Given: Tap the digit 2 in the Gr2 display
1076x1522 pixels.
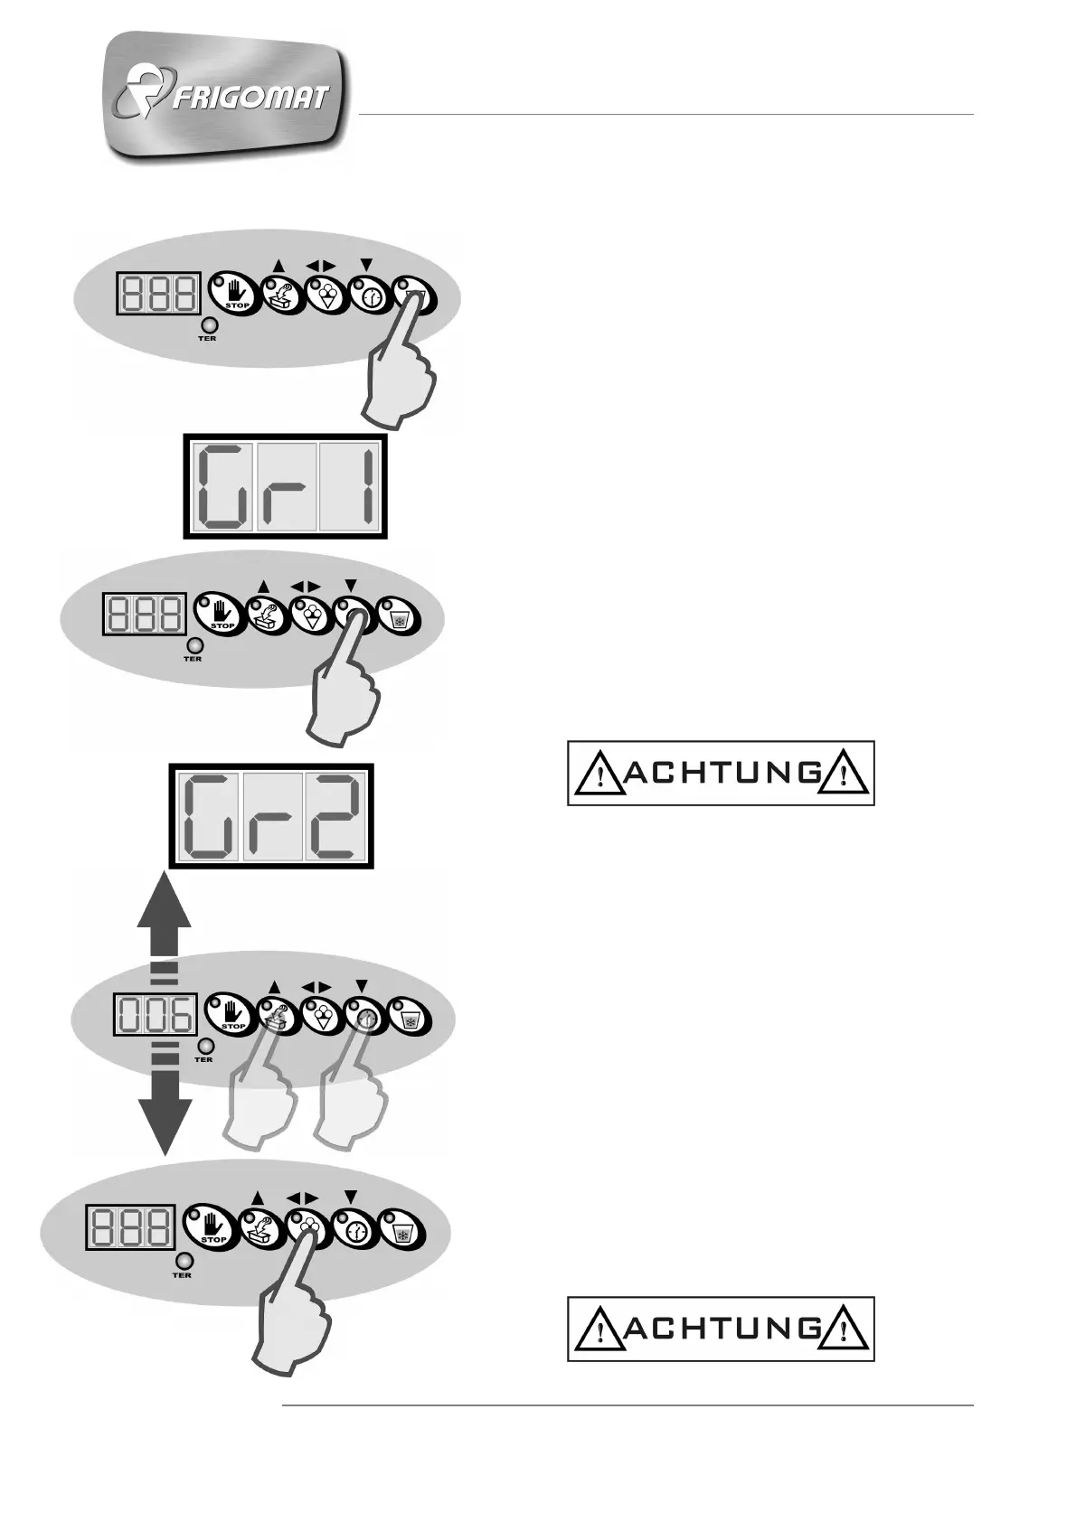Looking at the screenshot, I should [334, 816].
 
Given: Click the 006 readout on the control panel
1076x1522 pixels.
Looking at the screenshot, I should [154, 1015].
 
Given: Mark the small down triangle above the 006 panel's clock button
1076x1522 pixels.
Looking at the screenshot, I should [362, 985].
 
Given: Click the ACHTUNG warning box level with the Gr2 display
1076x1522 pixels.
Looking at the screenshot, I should [721, 773].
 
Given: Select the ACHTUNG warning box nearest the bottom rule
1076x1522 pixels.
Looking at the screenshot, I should [721, 1329].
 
